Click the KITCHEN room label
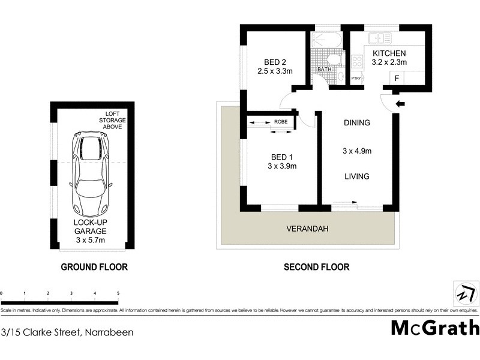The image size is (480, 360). [x=389, y=53]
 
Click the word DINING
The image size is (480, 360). [x=356, y=123]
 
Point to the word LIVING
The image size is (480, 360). [x=356, y=176]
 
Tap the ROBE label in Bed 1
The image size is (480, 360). [x=280, y=122]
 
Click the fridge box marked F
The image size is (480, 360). [x=397, y=79]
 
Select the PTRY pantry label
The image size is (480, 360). [x=356, y=79]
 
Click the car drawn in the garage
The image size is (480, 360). [x=90, y=174]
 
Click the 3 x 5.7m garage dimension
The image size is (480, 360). [x=91, y=240]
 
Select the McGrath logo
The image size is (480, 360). [x=435, y=328]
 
